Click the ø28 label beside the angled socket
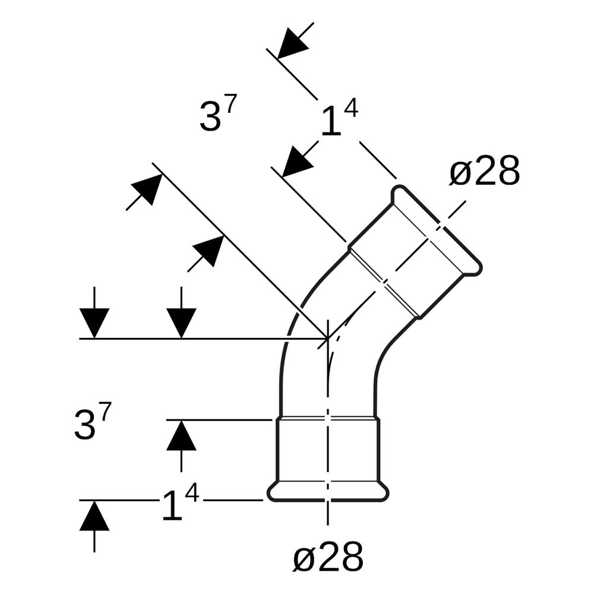[485, 171]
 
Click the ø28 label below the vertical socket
[328, 557]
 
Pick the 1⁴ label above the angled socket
[339, 118]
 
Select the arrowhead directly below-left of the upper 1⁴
[298, 161]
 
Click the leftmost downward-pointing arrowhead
[94, 323]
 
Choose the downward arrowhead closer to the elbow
[181, 323]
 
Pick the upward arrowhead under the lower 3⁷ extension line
[181, 435]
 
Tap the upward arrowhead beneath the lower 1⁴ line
[94, 515]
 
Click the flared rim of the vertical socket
[328, 492]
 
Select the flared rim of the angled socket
[437, 229]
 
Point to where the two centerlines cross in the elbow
[328, 338]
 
